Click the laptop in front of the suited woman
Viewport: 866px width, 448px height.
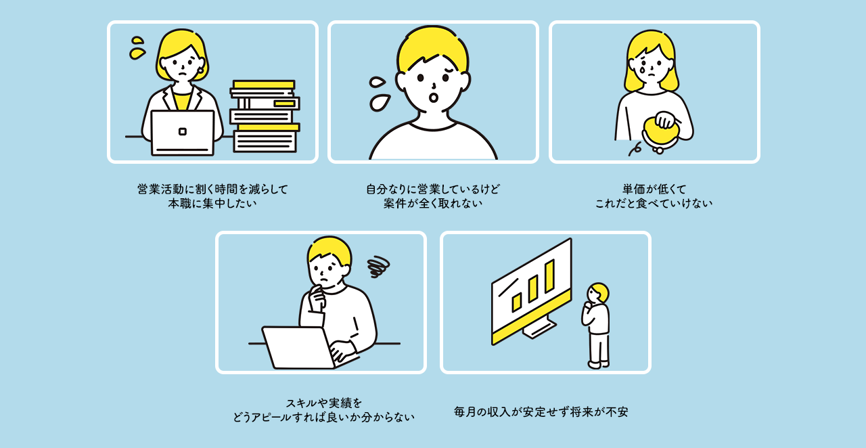point(182,133)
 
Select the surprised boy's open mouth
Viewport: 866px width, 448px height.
point(434,98)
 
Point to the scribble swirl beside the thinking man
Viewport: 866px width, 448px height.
point(378,266)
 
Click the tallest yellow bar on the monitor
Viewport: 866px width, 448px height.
point(549,276)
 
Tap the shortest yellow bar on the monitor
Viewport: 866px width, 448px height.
point(516,302)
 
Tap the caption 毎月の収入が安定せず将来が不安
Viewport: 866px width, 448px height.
point(541,411)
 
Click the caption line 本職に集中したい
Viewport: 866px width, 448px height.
point(212,203)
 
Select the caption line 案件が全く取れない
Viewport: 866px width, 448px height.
point(433,203)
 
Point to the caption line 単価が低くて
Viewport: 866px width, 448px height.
point(654,189)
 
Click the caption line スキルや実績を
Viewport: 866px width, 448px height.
point(323,403)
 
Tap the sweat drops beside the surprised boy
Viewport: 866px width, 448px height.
point(379,94)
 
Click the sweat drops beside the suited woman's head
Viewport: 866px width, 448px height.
point(137,48)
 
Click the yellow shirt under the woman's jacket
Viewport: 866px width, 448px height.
point(181,100)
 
